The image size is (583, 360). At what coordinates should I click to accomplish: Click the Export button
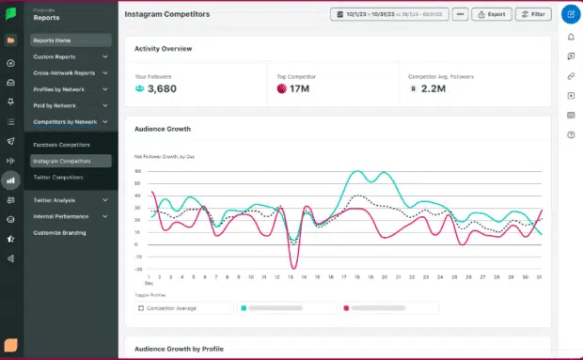pos(491,15)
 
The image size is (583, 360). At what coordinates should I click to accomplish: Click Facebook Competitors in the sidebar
pos(61,145)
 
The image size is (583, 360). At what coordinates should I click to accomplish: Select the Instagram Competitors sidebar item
pos(62,161)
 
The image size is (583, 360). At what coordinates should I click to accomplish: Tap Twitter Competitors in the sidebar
pos(58,177)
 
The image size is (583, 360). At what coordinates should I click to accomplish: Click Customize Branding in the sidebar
pos(59,232)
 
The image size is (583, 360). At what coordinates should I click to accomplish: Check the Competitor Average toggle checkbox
pos(142,307)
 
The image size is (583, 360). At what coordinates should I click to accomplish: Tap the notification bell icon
pos(570,37)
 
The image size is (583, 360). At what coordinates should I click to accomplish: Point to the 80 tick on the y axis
pos(138,172)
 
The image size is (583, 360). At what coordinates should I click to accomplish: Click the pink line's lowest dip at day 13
pos(293,266)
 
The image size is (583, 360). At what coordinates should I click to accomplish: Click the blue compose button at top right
pos(570,14)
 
